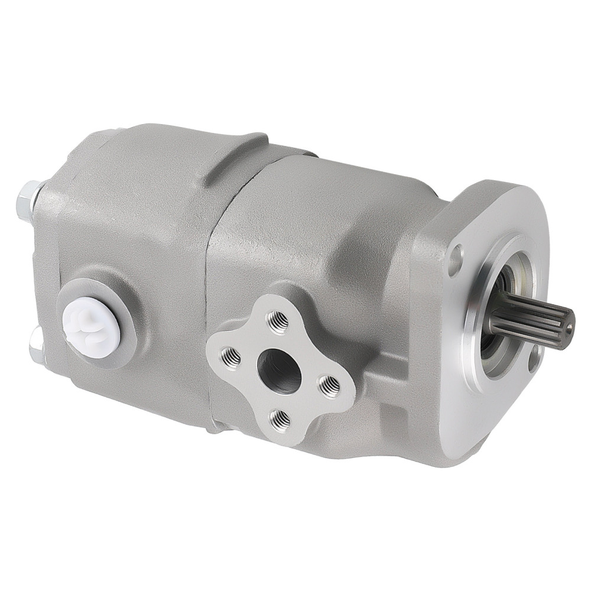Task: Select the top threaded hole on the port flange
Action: point(277,321)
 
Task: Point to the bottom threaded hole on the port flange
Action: point(280,420)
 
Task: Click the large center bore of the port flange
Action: point(279,371)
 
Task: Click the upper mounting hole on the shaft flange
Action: point(456,261)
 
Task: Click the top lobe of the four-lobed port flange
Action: point(278,307)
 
